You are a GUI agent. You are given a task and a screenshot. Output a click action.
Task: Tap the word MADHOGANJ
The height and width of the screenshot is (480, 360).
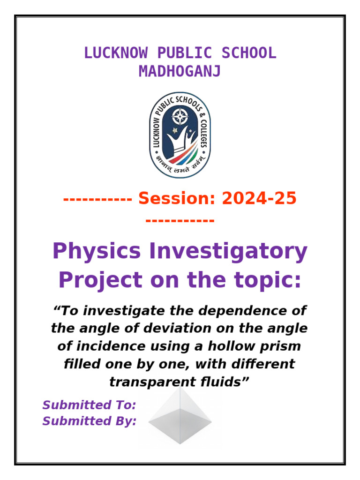(180, 72)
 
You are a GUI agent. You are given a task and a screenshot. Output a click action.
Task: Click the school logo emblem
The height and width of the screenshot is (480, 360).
(180, 135)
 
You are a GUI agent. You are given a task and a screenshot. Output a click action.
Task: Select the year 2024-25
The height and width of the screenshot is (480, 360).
(259, 199)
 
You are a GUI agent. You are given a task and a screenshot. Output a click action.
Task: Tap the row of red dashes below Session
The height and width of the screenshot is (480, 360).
(180, 219)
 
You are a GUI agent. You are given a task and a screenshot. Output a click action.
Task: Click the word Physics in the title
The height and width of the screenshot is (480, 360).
(96, 252)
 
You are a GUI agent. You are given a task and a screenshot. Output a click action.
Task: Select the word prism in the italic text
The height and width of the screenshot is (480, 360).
(279, 346)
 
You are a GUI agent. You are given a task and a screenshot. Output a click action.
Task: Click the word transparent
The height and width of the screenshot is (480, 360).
(148, 382)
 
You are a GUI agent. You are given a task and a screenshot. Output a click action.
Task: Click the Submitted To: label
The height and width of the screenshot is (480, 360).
(89, 405)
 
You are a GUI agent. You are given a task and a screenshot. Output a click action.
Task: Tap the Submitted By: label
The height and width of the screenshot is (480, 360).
(89, 421)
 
